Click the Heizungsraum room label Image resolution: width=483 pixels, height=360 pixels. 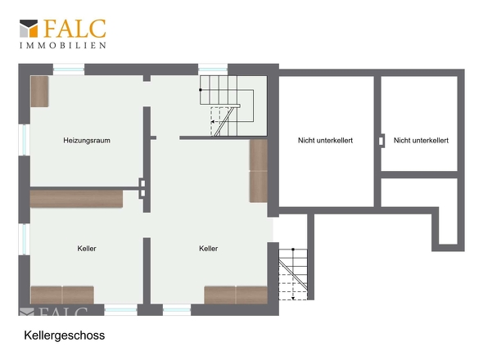[x=87, y=141]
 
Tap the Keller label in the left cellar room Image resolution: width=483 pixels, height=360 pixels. [x=87, y=248]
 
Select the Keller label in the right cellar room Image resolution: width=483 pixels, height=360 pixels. [x=208, y=248]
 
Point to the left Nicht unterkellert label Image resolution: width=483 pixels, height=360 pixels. [x=325, y=141]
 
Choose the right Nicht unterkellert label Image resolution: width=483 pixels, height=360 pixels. [x=421, y=141]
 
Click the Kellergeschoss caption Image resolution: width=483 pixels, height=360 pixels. [x=65, y=335]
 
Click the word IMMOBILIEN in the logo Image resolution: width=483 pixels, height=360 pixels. [x=63, y=45]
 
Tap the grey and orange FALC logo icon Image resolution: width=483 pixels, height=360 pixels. [x=29, y=29]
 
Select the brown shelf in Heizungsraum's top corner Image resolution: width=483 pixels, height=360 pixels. [x=40, y=92]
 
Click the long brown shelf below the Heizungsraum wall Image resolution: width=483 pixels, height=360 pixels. [x=76, y=199]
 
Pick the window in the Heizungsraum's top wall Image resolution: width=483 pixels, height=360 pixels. [x=69, y=70]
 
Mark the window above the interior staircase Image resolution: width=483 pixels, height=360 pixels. [x=213, y=70]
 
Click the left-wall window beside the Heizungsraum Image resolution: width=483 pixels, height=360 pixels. [x=25, y=140]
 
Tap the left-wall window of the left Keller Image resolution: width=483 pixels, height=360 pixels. [x=25, y=239]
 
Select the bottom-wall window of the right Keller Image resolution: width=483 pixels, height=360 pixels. [x=177, y=310]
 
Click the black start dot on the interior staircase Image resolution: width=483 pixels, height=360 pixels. [x=201, y=90]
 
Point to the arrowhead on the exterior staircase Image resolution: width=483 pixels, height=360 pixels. [x=293, y=298]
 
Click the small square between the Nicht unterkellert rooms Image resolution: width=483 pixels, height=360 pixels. [x=381, y=141]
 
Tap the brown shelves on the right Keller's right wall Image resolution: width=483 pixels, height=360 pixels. [x=259, y=171]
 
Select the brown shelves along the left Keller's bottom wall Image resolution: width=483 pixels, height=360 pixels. [x=62, y=295]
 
